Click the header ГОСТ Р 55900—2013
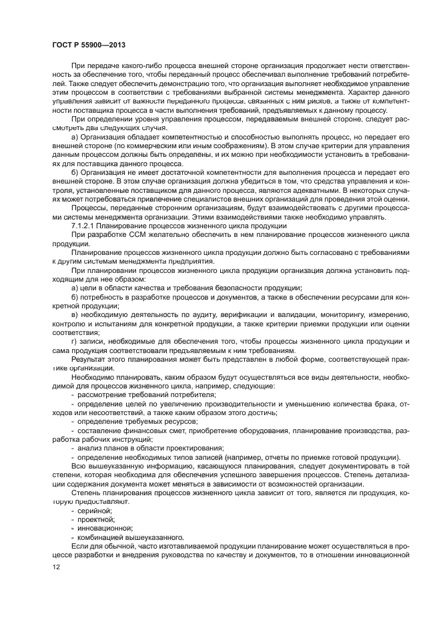click(88, 45)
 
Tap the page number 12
click(56, 567)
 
